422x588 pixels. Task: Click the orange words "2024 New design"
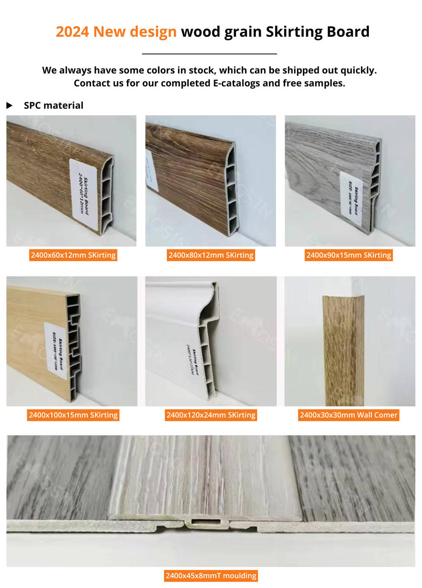pyautogui.click(x=116, y=32)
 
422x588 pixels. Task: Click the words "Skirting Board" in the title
pyautogui.click(x=317, y=32)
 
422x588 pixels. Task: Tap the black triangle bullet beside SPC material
pyautogui.click(x=9, y=106)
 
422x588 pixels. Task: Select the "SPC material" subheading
pyautogui.click(x=54, y=106)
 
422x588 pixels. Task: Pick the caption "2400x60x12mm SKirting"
pyautogui.click(x=73, y=255)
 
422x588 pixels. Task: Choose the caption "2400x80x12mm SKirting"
pyautogui.click(x=211, y=255)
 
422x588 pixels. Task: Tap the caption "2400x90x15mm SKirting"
pyautogui.click(x=349, y=255)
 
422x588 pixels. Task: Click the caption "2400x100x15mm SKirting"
pyautogui.click(x=73, y=415)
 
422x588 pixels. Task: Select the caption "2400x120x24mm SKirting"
pyautogui.click(x=211, y=415)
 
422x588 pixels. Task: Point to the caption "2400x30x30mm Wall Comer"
pyautogui.click(x=349, y=415)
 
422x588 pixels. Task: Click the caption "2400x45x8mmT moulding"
pyautogui.click(x=211, y=576)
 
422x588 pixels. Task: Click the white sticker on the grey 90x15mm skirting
pyautogui.click(x=352, y=198)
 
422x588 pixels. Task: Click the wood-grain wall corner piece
pyautogui.click(x=343, y=350)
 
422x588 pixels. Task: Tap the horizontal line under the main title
pyautogui.click(x=209, y=54)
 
